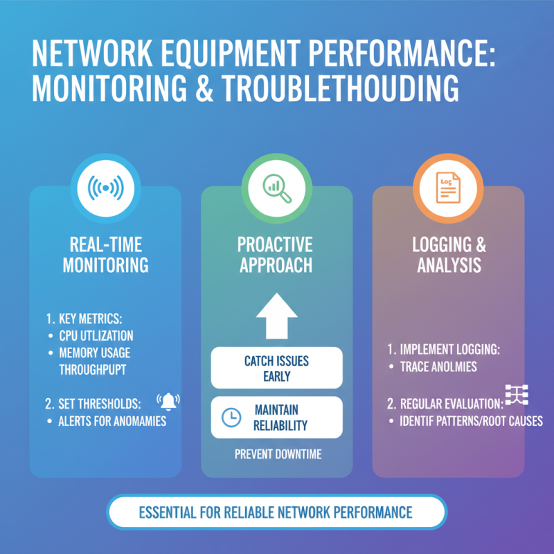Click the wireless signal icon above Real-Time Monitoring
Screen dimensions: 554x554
(105, 188)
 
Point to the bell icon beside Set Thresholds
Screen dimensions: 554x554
(168, 401)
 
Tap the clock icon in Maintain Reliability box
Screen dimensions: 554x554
(230, 417)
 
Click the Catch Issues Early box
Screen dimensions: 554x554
(276, 368)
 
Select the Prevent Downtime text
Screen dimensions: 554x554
(276, 455)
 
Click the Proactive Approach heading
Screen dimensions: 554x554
(276, 254)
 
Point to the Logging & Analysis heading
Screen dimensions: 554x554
(449, 254)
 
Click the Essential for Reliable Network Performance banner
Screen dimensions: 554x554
(276, 513)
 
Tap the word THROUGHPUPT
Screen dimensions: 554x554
(93, 370)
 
